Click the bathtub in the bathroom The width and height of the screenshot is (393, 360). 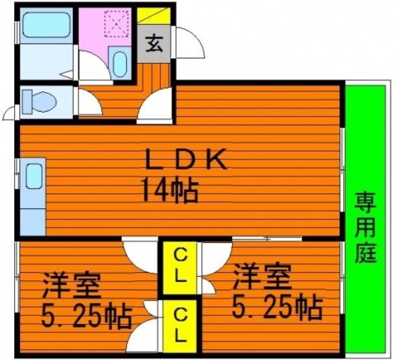click(x=47, y=25)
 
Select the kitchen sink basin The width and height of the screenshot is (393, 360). click(x=34, y=176)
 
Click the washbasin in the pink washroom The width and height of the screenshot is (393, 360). click(x=119, y=64)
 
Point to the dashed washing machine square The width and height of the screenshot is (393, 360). click(x=116, y=24)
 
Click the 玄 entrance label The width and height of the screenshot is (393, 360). click(x=154, y=43)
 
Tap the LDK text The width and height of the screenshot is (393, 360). click(x=187, y=159)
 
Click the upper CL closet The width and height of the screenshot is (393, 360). click(x=179, y=267)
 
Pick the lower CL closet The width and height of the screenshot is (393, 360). click(x=179, y=326)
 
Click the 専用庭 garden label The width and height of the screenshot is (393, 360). click(x=366, y=227)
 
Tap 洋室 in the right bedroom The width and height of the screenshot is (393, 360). click(x=262, y=277)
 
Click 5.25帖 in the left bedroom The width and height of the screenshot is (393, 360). click(x=86, y=316)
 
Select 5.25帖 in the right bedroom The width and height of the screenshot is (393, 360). click(x=277, y=307)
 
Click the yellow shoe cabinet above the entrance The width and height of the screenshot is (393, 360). click(x=154, y=16)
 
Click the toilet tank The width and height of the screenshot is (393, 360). click(x=27, y=102)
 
